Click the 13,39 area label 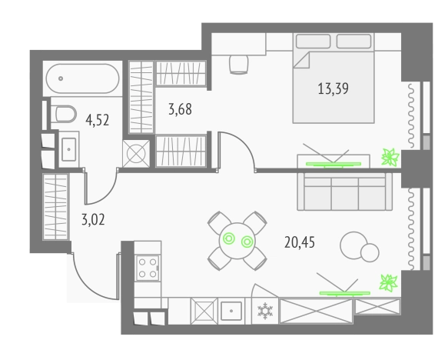tap(334, 88)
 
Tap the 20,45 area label tap(300, 242)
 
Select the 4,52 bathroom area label tap(97, 120)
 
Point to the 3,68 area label tap(180, 109)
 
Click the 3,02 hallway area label tap(93, 220)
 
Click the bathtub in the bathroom tap(82, 78)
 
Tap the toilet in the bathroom tap(64, 114)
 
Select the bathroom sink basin tap(69, 149)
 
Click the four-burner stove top tap(148, 268)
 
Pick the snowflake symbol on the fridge tap(265, 311)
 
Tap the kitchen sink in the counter tap(231, 311)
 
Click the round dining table tap(237, 241)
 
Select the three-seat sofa tap(345, 192)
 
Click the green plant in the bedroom tap(390, 157)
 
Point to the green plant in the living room tap(388, 283)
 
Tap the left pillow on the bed tap(314, 42)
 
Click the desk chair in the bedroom tap(238, 65)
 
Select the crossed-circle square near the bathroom tap(136, 154)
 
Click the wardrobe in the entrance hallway tap(56, 206)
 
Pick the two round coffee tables tap(360, 247)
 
